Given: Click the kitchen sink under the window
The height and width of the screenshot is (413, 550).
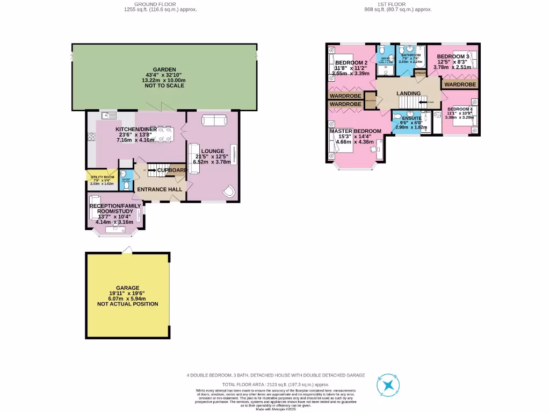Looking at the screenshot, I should click(109, 115).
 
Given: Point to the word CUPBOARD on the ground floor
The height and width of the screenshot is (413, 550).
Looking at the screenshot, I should click(172, 170).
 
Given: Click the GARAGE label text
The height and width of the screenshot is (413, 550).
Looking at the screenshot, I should click(127, 288).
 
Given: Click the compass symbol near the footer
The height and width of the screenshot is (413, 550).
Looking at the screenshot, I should click(387, 385).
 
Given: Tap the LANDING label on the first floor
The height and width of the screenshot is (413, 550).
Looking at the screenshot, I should click(408, 94).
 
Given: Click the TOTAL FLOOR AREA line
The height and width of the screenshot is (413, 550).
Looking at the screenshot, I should click(276, 384).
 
